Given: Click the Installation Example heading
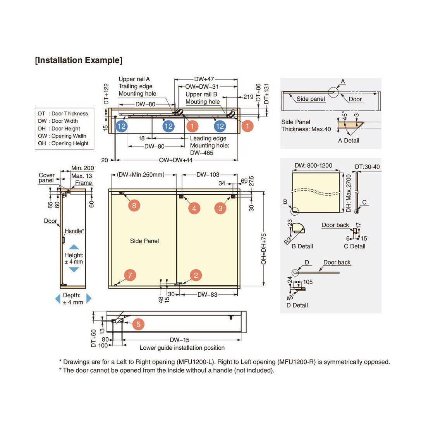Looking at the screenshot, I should [79, 60].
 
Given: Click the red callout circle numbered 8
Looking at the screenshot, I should [134, 205].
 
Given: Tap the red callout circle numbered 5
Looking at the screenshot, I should [138, 324].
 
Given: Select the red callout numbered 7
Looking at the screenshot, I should [130, 275].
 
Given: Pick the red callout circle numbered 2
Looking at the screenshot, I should [196, 275].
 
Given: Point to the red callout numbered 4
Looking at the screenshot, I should [194, 208].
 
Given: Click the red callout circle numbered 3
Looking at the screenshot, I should [220, 208].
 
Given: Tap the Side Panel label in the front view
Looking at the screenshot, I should [144, 241].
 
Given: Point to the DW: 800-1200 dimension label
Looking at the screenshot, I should [313, 165].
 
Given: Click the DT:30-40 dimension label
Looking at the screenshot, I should [367, 167].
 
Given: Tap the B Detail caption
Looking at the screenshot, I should [302, 246].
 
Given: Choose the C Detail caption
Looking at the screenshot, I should [354, 246].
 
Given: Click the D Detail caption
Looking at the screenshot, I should [297, 305].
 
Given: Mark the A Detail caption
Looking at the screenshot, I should [349, 141].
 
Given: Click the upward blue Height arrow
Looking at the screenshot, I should [74, 247].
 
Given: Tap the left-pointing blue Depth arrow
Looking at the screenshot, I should [58, 298].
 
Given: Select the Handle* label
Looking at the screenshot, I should [74, 231].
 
